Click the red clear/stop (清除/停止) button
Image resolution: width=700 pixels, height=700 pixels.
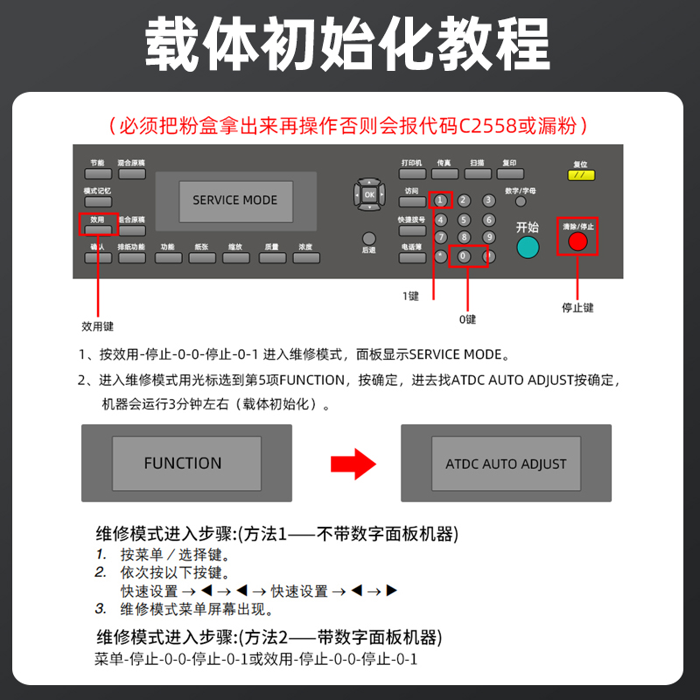(577, 241)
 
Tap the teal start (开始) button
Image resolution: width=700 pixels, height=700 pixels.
(527, 248)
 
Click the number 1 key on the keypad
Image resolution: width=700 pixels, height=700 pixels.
(440, 200)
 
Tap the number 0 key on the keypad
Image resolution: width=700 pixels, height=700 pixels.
(464, 257)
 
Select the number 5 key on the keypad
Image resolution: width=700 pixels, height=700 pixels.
(465, 220)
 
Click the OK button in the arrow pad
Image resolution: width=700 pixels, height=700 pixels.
(369, 194)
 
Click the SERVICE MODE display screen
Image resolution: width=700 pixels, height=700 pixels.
(234, 200)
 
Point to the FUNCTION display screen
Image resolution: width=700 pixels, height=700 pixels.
(183, 464)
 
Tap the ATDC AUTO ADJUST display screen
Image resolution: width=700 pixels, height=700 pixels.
(506, 464)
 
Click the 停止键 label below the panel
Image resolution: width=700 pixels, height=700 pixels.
(577, 308)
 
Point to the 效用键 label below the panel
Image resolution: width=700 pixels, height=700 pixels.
(97, 326)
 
